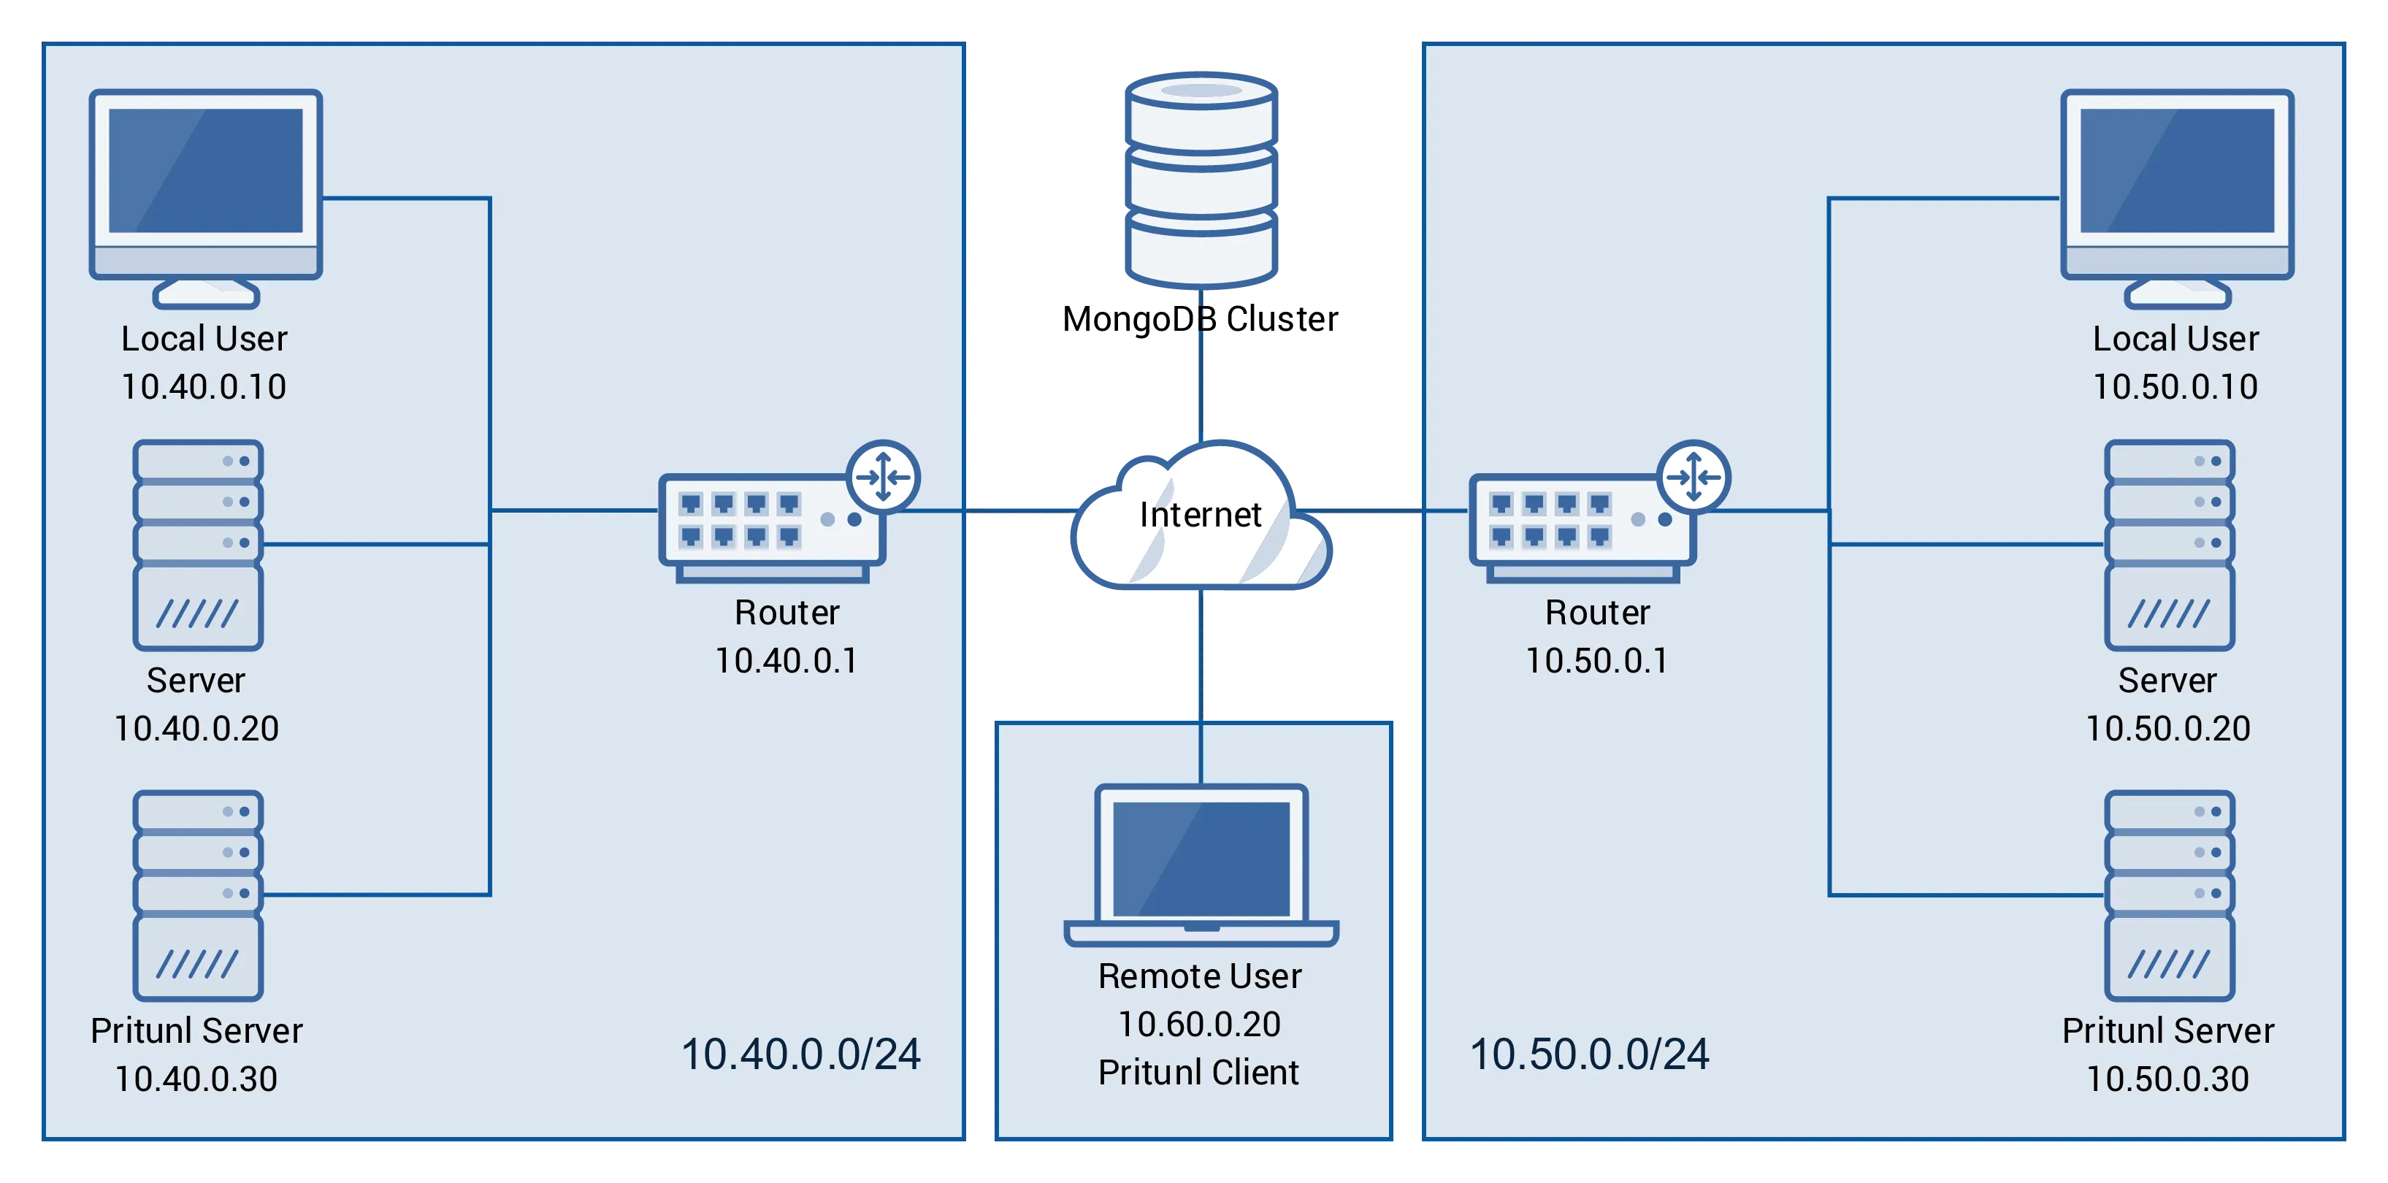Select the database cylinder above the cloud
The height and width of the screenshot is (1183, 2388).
[x=1201, y=181]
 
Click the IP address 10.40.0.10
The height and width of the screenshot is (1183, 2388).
[x=204, y=386]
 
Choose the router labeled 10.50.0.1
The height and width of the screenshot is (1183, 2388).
[x=1583, y=527]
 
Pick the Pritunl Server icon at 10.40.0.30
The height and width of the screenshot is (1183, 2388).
[x=197, y=895]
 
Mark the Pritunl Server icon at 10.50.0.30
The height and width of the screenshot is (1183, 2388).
[x=2169, y=895]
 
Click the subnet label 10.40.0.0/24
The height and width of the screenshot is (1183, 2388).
[x=801, y=1054]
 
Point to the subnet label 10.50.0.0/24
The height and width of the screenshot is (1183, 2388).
[x=1589, y=1054]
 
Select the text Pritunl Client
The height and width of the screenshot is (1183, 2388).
[x=1198, y=1072]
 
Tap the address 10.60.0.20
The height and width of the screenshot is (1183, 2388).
[x=1198, y=1024]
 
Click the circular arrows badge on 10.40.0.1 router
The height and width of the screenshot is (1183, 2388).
[x=882, y=478]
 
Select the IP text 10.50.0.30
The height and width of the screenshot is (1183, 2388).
[x=2167, y=1079]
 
